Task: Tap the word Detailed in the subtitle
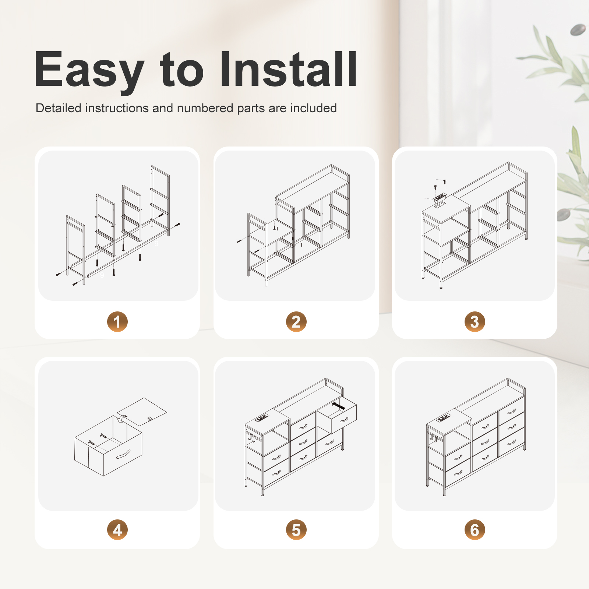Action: (x=59, y=108)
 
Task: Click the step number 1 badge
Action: (x=117, y=322)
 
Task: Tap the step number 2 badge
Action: (x=296, y=322)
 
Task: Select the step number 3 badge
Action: (x=475, y=322)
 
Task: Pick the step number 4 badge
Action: (x=117, y=530)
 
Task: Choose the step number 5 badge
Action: (x=296, y=530)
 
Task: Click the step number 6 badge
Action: (x=475, y=530)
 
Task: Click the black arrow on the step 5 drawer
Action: (x=338, y=406)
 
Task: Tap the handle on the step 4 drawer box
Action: (x=123, y=455)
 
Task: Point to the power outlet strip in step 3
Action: (x=440, y=198)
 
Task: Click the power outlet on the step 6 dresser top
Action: (x=443, y=418)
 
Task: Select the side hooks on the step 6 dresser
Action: (x=433, y=438)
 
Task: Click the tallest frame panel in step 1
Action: (x=160, y=201)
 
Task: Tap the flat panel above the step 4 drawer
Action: (x=142, y=412)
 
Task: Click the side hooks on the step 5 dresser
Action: (x=252, y=438)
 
